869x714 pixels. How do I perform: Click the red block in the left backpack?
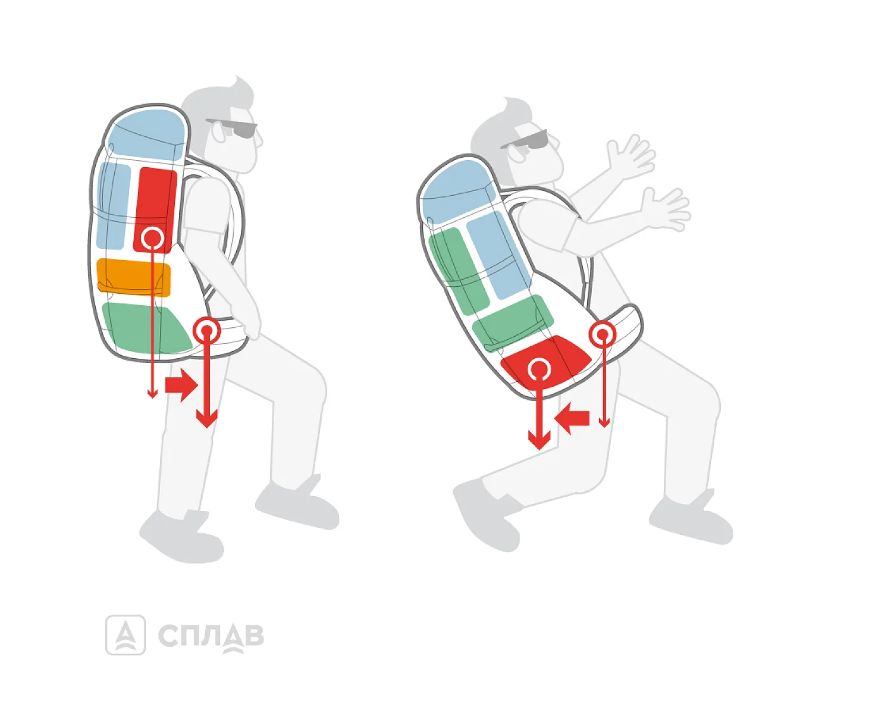click(x=155, y=210)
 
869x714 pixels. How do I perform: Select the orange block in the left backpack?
click(x=133, y=278)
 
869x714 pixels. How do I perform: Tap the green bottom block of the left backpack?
click(x=146, y=328)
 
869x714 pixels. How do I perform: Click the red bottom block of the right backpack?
click(x=546, y=364)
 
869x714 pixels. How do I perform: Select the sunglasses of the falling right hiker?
click(x=525, y=140)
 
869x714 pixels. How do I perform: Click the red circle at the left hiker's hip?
click(x=207, y=330)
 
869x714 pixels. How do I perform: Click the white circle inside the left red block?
click(x=152, y=238)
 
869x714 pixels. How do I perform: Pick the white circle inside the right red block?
click(x=539, y=368)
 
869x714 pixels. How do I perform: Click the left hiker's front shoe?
click(x=297, y=503)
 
